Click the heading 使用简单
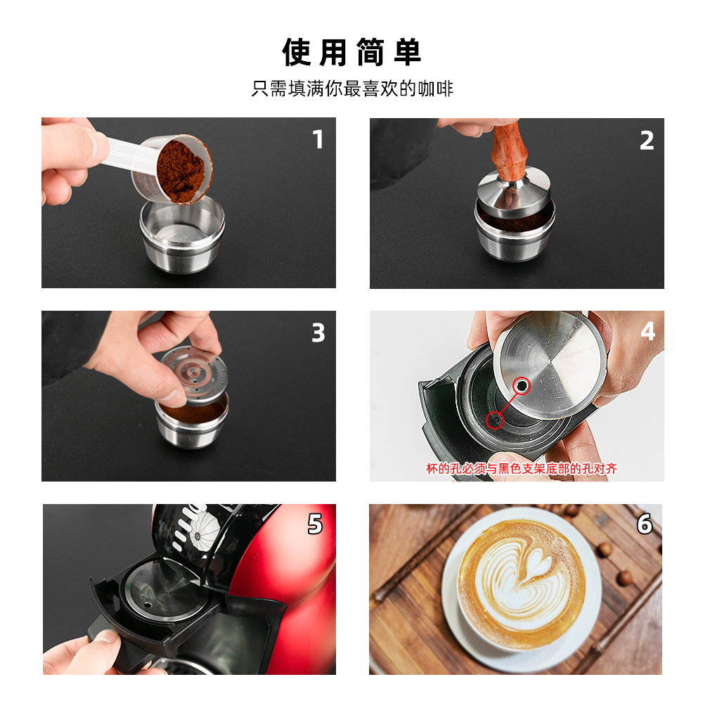(x=351, y=53)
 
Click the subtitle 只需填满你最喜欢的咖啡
(x=352, y=89)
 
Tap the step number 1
(x=318, y=139)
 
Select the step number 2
(x=647, y=141)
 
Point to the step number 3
(x=318, y=333)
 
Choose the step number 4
(x=648, y=331)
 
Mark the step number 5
(x=315, y=524)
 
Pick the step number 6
(x=645, y=524)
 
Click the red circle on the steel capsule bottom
(x=522, y=385)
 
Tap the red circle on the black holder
(x=495, y=420)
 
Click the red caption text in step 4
(x=522, y=468)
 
